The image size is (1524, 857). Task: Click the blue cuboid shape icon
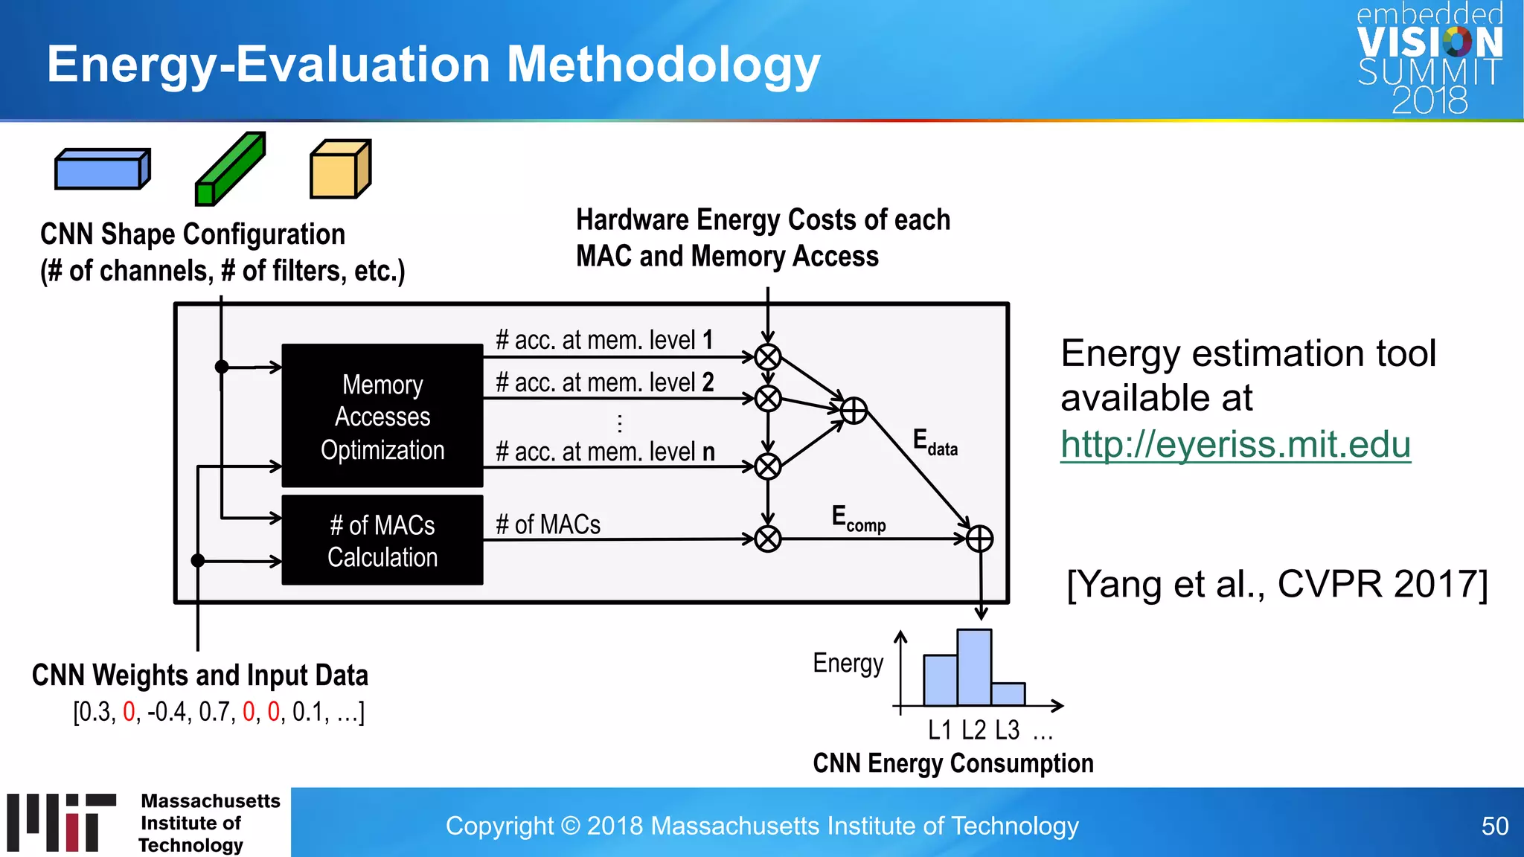click(x=102, y=170)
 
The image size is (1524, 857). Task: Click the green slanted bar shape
click(x=231, y=170)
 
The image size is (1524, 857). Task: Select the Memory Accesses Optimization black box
click(x=382, y=416)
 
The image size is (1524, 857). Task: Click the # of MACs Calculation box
click(x=382, y=541)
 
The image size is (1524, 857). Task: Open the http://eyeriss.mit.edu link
click(x=1235, y=445)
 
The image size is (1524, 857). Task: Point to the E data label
click(x=935, y=442)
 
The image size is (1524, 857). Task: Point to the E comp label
click(x=858, y=519)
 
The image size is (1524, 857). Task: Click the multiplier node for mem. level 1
click(x=768, y=357)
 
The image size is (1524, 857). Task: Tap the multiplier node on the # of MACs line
click(x=768, y=539)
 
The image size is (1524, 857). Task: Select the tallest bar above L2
click(x=974, y=667)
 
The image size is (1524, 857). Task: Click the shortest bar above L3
click(x=1008, y=694)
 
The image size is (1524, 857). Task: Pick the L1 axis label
click(x=940, y=731)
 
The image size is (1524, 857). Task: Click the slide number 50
click(x=1494, y=826)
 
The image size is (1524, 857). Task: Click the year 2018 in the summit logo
click(x=1429, y=100)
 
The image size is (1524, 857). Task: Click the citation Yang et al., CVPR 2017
click(x=1277, y=584)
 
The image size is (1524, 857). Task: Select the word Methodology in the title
click(x=663, y=65)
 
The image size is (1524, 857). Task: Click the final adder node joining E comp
click(x=979, y=539)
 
